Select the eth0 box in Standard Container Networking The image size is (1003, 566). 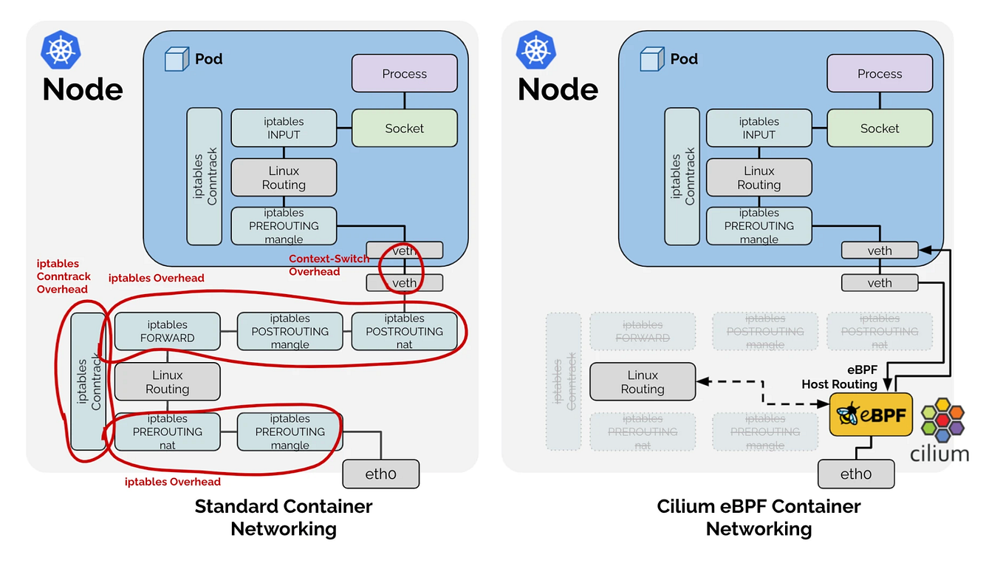(x=380, y=474)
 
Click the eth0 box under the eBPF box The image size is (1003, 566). (x=856, y=474)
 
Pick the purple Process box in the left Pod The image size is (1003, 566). (x=404, y=74)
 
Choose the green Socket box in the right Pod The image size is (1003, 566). (x=880, y=128)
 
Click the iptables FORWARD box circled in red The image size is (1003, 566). (x=168, y=331)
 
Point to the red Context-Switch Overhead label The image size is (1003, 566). (x=329, y=265)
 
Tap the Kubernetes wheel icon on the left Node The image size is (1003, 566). (x=61, y=50)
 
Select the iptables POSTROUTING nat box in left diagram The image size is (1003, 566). (x=404, y=331)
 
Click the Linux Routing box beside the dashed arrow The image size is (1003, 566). (x=643, y=382)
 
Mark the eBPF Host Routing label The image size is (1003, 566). (x=839, y=378)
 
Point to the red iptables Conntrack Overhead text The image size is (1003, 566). (x=64, y=276)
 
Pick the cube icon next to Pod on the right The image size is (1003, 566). (x=651, y=59)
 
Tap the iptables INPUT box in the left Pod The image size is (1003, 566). (x=284, y=128)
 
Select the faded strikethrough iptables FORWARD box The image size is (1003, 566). (x=643, y=331)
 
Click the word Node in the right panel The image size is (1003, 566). (x=558, y=89)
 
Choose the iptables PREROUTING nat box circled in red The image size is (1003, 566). (x=168, y=432)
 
